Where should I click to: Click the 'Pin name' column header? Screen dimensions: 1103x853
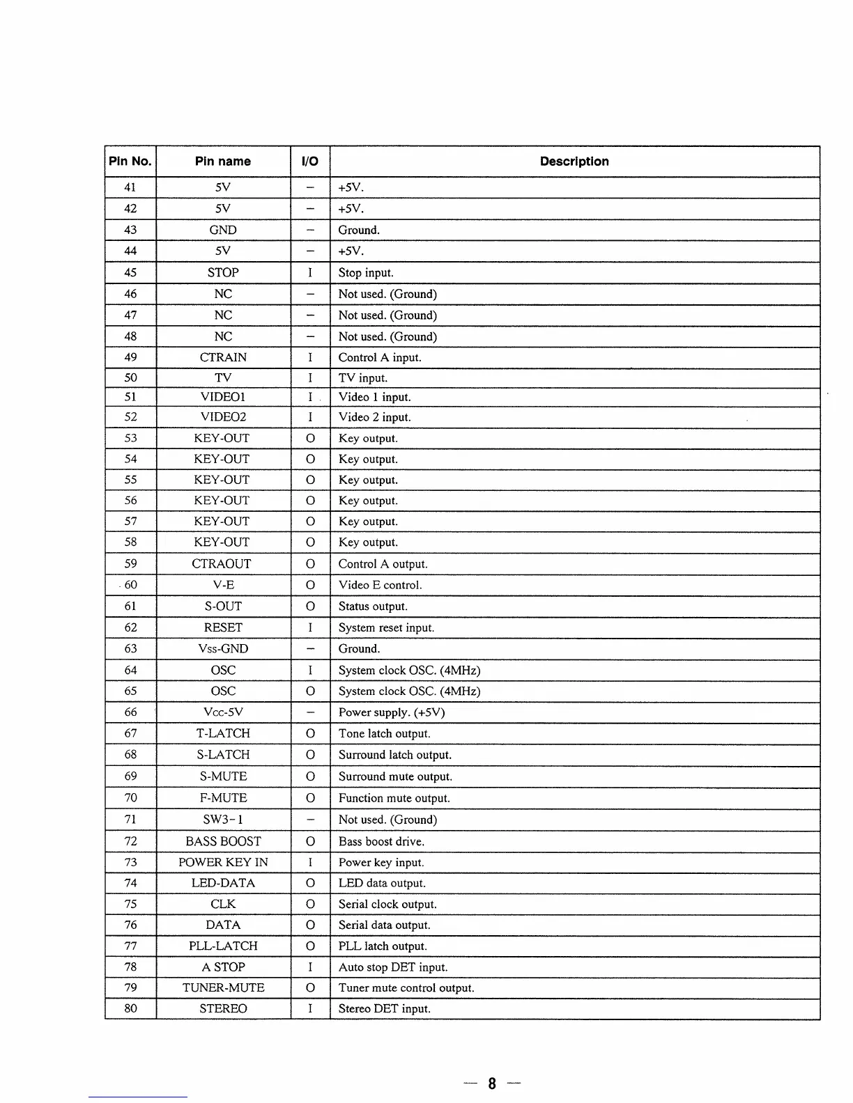223,162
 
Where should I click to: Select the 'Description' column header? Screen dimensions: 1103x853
574,162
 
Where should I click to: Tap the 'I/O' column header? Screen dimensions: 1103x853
310,162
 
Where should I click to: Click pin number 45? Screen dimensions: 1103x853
130,273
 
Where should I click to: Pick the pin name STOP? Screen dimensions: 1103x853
223,273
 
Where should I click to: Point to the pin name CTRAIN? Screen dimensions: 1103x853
223,358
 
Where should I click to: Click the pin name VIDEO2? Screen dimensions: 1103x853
223,417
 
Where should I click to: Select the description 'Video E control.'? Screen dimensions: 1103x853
380,585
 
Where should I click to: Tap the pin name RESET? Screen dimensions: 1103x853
223,627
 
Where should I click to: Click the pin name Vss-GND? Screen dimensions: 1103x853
223,649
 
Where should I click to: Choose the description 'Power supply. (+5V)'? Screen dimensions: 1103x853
391,712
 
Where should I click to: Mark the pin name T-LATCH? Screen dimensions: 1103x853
223,733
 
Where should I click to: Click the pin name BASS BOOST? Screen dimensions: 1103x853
223,841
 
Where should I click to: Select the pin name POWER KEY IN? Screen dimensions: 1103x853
223,862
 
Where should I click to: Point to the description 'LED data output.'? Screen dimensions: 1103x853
382,883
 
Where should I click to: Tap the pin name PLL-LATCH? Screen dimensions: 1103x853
223,946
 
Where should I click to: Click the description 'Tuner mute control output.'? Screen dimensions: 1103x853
406,987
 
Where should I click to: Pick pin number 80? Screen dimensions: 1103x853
130,1008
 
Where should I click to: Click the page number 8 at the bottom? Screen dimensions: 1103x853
492,1084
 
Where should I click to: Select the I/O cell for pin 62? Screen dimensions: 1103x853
310,627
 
